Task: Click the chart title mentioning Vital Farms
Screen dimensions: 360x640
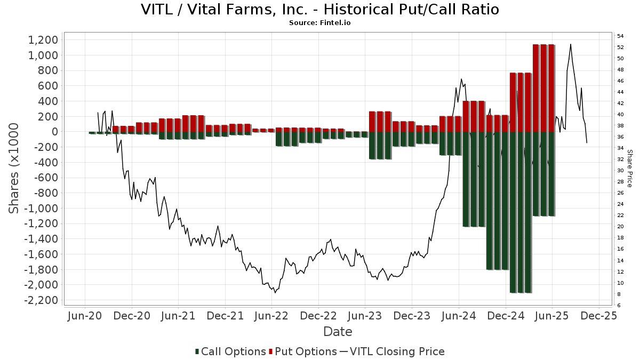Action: coord(320,10)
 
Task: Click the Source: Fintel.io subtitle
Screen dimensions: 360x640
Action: coord(320,23)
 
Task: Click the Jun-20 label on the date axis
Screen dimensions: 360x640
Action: coord(85,316)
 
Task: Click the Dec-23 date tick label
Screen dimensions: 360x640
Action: coord(412,316)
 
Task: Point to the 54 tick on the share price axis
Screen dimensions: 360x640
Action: coord(621,36)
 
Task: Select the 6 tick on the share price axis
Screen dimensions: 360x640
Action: coord(619,306)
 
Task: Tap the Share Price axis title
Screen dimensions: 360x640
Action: coord(629,168)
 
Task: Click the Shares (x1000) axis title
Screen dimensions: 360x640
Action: coord(14,168)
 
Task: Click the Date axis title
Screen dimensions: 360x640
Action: coord(338,332)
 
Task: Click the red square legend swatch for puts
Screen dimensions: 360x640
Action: coord(271,351)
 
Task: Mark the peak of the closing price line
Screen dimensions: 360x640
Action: coord(571,44)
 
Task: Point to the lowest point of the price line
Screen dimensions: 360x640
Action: coord(275,293)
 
